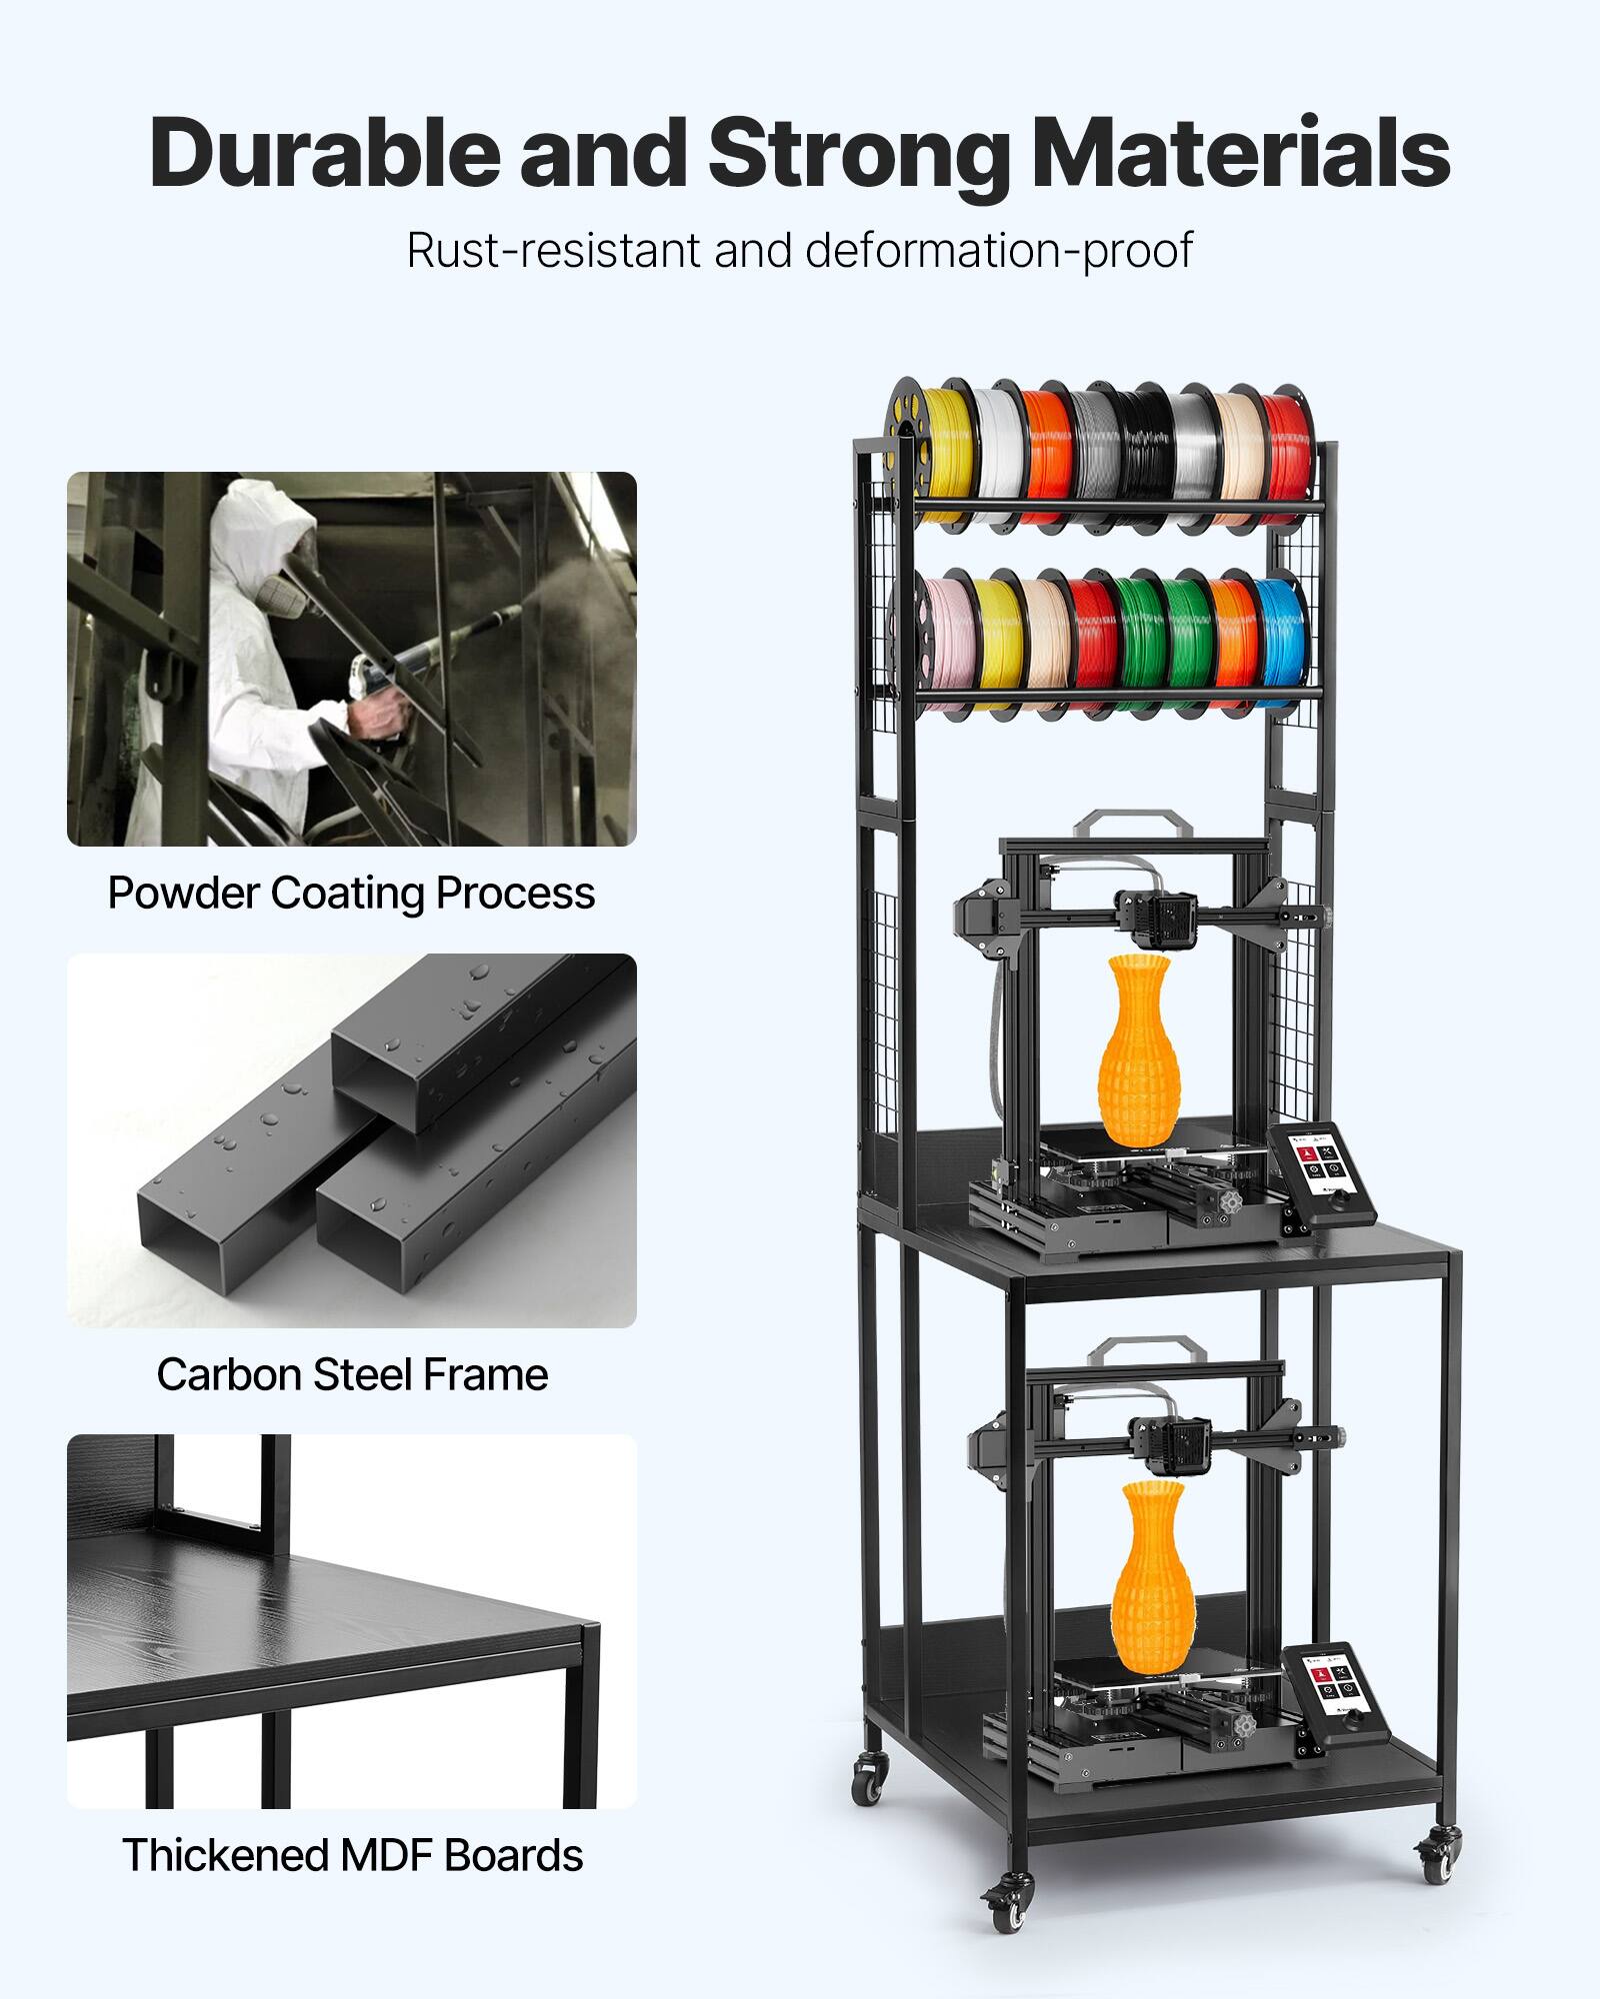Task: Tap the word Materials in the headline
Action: point(1240,153)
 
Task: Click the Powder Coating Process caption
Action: point(351,893)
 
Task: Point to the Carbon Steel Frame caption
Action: point(351,1374)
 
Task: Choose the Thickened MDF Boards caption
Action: point(351,1855)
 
